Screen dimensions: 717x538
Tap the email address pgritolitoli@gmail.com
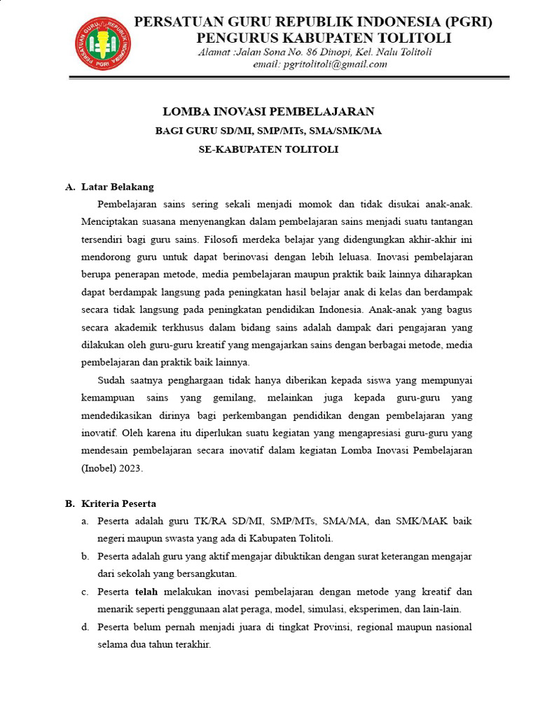point(334,64)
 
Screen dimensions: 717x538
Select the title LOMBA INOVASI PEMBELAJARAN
point(268,111)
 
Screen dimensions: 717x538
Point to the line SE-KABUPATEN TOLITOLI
point(268,149)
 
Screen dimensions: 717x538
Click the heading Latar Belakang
point(117,187)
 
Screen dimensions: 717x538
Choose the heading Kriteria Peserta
point(118,503)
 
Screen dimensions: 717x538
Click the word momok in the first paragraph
point(324,204)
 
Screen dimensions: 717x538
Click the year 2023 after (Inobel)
point(132,469)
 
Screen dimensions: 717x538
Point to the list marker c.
point(84,592)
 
